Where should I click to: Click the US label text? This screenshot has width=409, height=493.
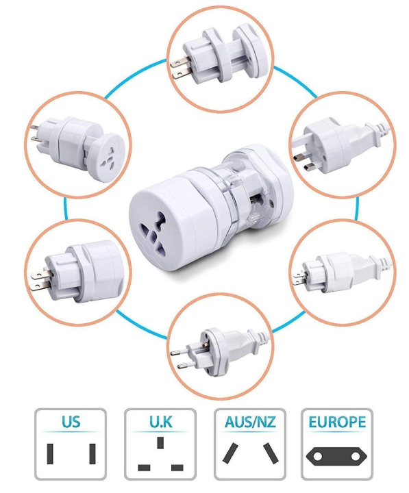pos(71,422)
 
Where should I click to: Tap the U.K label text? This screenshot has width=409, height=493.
pos(160,422)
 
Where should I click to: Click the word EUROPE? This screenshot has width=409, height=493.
pos(337,422)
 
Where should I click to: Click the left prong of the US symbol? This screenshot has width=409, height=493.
pos(50,453)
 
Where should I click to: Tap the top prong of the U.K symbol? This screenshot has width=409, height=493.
pos(160,442)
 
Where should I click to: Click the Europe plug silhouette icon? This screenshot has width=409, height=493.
pos(337,455)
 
